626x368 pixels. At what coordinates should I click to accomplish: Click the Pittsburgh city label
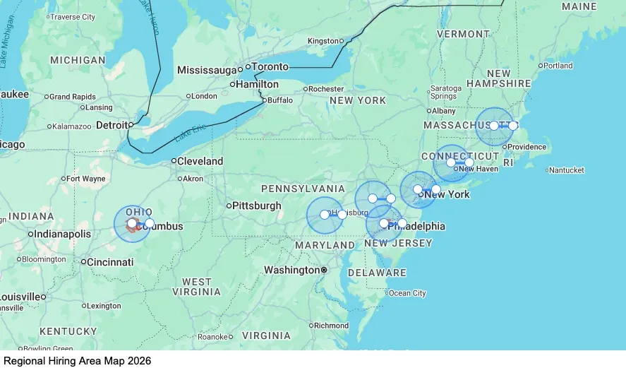point(257,206)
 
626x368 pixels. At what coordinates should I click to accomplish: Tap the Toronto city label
point(270,67)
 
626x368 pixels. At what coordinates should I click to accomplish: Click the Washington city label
point(291,270)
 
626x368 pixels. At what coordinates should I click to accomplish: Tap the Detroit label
point(112,125)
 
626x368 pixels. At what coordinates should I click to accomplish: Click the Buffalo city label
point(280,100)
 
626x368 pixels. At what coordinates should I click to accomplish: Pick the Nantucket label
point(568,170)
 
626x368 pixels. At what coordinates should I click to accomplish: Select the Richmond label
point(332,326)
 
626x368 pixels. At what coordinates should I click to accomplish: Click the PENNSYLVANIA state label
point(303,189)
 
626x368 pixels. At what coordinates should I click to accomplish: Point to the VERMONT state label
point(463,34)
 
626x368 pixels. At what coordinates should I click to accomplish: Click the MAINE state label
point(579,6)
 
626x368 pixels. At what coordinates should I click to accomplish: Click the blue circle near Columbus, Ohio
point(132,224)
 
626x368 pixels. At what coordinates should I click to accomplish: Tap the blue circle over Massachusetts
point(495,126)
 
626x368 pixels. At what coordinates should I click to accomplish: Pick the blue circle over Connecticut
point(451,163)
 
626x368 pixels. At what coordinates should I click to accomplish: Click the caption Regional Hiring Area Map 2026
point(78,360)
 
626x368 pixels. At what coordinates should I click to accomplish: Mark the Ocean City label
point(408,293)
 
